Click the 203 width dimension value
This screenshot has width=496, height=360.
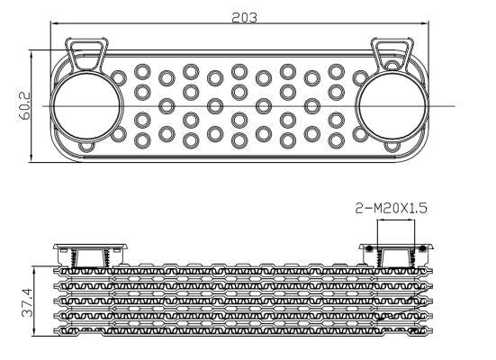point(244,18)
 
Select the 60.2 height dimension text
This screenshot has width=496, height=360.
point(24,105)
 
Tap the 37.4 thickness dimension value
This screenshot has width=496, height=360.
point(27,302)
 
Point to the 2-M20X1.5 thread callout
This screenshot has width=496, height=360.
point(391,208)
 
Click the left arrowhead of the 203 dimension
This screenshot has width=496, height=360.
point(55,23)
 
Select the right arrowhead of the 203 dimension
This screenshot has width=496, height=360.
point(424,23)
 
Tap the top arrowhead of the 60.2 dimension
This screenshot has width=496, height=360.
point(32,54)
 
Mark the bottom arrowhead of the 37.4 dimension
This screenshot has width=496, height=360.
point(34,332)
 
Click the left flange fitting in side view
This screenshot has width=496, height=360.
point(90,256)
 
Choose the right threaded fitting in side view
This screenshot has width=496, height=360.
point(396,256)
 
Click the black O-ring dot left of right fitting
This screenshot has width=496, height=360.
point(369,249)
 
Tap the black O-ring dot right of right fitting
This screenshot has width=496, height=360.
point(422,249)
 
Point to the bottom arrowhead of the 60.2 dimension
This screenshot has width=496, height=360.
point(32,158)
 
